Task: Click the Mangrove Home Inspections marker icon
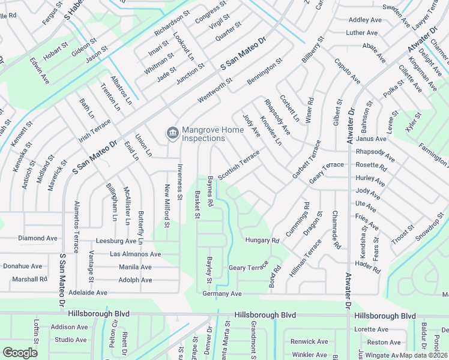pos(172,133)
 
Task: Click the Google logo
pos(20,353)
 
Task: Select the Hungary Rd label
pos(262,241)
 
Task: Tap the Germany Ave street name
pos(221,293)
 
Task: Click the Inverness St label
pos(179,179)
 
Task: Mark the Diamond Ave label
pos(38,238)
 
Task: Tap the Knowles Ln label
pos(271,130)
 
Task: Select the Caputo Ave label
pos(347,71)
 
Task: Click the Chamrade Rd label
pos(336,230)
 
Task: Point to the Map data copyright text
pos(424,355)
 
